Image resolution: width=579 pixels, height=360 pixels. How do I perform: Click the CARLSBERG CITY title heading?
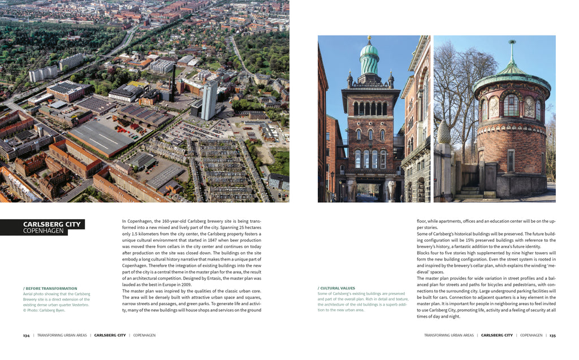click(x=52, y=224)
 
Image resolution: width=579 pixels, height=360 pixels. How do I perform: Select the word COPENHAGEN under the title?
click(x=44, y=231)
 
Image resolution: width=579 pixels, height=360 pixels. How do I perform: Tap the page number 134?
click(x=26, y=335)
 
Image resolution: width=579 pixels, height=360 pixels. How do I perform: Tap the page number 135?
click(x=552, y=335)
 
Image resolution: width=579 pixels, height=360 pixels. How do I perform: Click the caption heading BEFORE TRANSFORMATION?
click(x=51, y=288)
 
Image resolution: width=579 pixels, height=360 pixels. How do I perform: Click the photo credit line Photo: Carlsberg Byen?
click(x=46, y=310)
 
